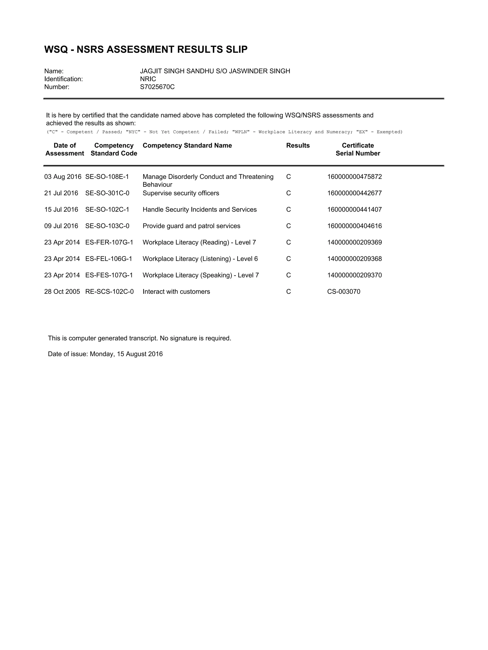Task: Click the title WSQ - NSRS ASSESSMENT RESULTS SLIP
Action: (x=146, y=49)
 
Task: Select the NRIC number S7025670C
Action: (x=157, y=87)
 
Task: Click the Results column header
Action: (x=298, y=145)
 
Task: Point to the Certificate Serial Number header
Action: (x=358, y=149)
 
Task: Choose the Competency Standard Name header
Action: (x=187, y=145)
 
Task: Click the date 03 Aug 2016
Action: (x=62, y=177)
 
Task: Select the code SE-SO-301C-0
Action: (x=107, y=193)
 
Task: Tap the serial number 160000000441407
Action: (x=354, y=210)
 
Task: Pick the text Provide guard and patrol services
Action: (x=191, y=226)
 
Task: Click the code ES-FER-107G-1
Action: (x=109, y=242)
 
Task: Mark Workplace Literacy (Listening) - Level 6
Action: (x=200, y=259)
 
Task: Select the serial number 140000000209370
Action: (x=354, y=275)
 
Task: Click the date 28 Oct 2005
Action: (x=62, y=292)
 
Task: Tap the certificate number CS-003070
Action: (x=344, y=292)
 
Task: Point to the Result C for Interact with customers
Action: (x=288, y=292)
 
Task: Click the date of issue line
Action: (x=105, y=354)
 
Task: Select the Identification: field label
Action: (x=63, y=79)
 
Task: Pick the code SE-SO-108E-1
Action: (x=107, y=177)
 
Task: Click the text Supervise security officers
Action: (x=181, y=193)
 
